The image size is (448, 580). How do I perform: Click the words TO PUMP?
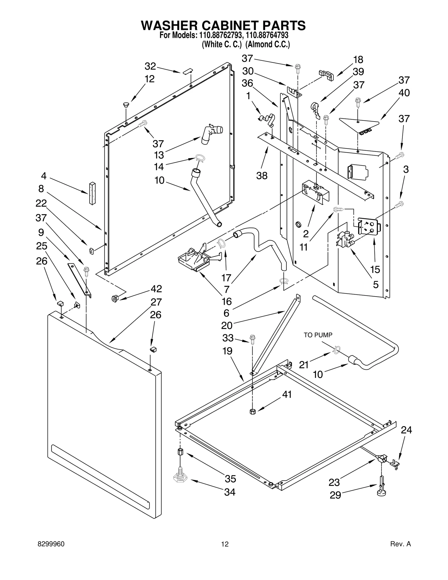(x=318, y=335)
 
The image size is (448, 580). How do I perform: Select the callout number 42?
(x=156, y=289)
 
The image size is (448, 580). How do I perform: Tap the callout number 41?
(x=287, y=394)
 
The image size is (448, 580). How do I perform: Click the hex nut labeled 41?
(x=252, y=411)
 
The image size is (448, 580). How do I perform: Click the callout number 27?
(x=156, y=302)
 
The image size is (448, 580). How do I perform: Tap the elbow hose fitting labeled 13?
(x=211, y=134)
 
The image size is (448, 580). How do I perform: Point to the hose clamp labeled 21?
(x=337, y=350)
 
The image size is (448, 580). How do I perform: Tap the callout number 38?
(x=262, y=176)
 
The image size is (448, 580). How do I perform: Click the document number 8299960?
(x=51, y=544)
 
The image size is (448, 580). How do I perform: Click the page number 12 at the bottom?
(x=225, y=544)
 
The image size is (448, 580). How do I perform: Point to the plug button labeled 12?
(x=126, y=105)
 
